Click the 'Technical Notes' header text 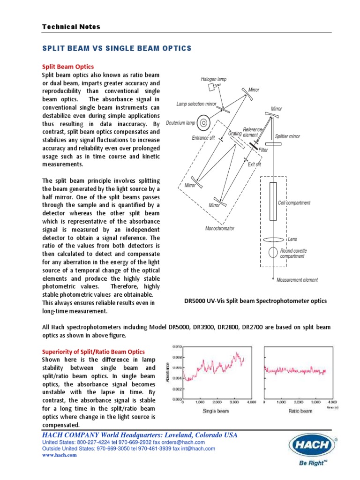(71, 27)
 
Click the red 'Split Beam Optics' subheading (68, 67)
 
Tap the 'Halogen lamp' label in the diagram (213, 79)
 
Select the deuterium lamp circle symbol (203, 123)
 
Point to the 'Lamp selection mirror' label (196, 104)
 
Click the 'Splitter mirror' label (287, 136)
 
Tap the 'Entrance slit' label (203, 138)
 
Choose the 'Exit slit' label (255, 165)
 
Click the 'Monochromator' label (219, 229)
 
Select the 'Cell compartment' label (294, 203)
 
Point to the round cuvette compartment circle (273, 252)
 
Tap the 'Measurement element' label (297, 280)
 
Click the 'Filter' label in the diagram (263, 150)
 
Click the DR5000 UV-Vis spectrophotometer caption (255, 301)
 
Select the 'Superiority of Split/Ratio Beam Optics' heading (94, 352)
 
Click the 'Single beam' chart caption (216, 411)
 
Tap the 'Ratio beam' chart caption (300, 411)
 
